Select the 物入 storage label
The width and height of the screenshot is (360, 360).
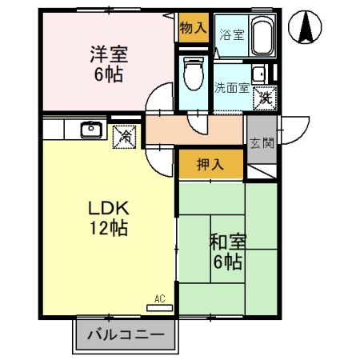coord(193,28)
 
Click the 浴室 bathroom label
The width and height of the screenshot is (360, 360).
coord(231,35)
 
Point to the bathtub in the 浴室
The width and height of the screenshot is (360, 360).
coord(262,36)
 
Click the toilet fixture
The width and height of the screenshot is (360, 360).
coord(193,74)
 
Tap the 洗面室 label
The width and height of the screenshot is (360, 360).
coord(231,87)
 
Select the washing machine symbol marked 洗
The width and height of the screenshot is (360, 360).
coord(264,99)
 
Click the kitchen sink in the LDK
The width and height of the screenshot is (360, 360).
coord(90,129)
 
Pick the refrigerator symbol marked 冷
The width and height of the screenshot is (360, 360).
coord(126,136)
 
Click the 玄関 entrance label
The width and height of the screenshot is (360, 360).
coord(260,144)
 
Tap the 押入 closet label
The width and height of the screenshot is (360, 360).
coord(210,165)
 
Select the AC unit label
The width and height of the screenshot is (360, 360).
coord(159,299)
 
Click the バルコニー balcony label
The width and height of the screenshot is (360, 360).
coord(125,334)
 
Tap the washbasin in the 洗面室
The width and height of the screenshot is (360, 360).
coord(259,75)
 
